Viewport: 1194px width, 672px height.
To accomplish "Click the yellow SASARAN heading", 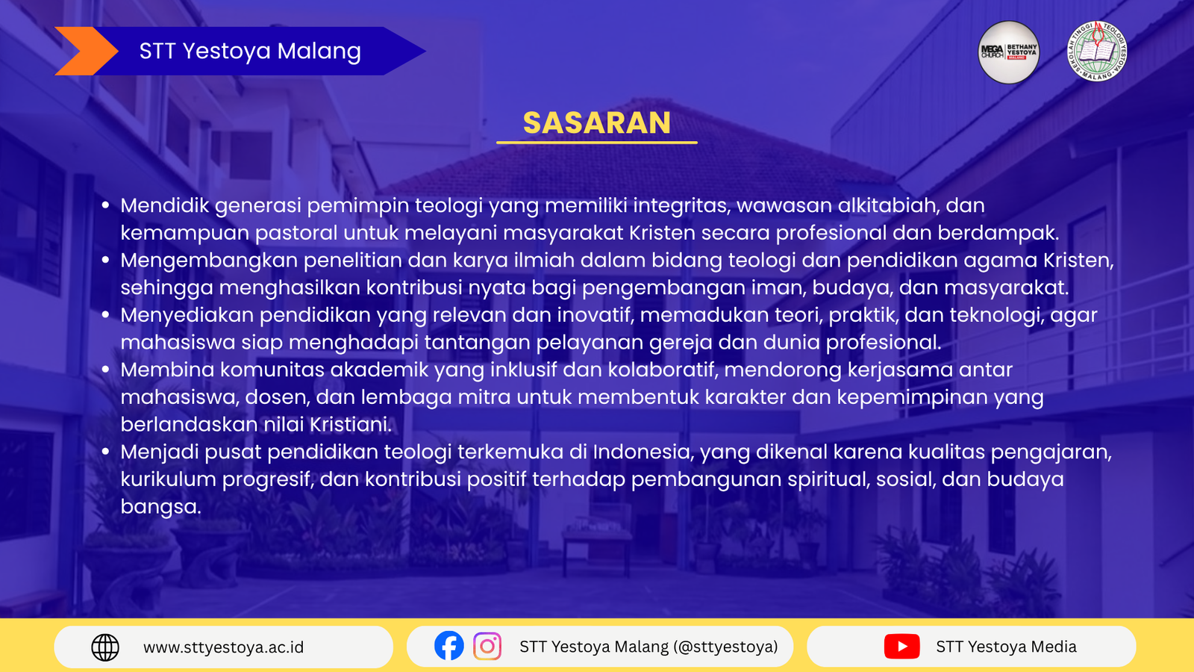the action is click(596, 122).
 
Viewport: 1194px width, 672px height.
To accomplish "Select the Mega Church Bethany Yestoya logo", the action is click(1008, 52).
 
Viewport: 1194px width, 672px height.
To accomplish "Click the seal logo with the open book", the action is click(1097, 52).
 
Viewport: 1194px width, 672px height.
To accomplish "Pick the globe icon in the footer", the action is click(105, 647).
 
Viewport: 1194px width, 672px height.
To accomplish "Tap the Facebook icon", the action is click(448, 646).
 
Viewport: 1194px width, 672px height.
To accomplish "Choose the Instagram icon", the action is click(487, 647).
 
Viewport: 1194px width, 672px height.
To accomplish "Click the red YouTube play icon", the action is click(902, 647).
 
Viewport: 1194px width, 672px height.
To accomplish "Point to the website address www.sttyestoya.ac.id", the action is click(223, 647).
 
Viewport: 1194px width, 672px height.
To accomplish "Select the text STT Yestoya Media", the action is click(1007, 647).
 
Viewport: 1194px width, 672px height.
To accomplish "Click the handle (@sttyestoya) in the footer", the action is click(725, 647).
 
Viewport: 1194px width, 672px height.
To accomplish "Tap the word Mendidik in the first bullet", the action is click(165, 205).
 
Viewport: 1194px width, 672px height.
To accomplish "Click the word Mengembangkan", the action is click(209, 261).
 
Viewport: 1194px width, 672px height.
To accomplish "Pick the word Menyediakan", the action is click(187, 315).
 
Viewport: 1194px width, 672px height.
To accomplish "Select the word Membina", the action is click(167, 370).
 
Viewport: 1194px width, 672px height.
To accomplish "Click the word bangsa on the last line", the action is click(160, 507).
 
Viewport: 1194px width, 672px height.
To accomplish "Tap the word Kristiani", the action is click(351, 425).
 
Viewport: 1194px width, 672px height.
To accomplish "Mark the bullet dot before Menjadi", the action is click(105, 452).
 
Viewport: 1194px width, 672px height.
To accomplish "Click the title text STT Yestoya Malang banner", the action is click(250, 52).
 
